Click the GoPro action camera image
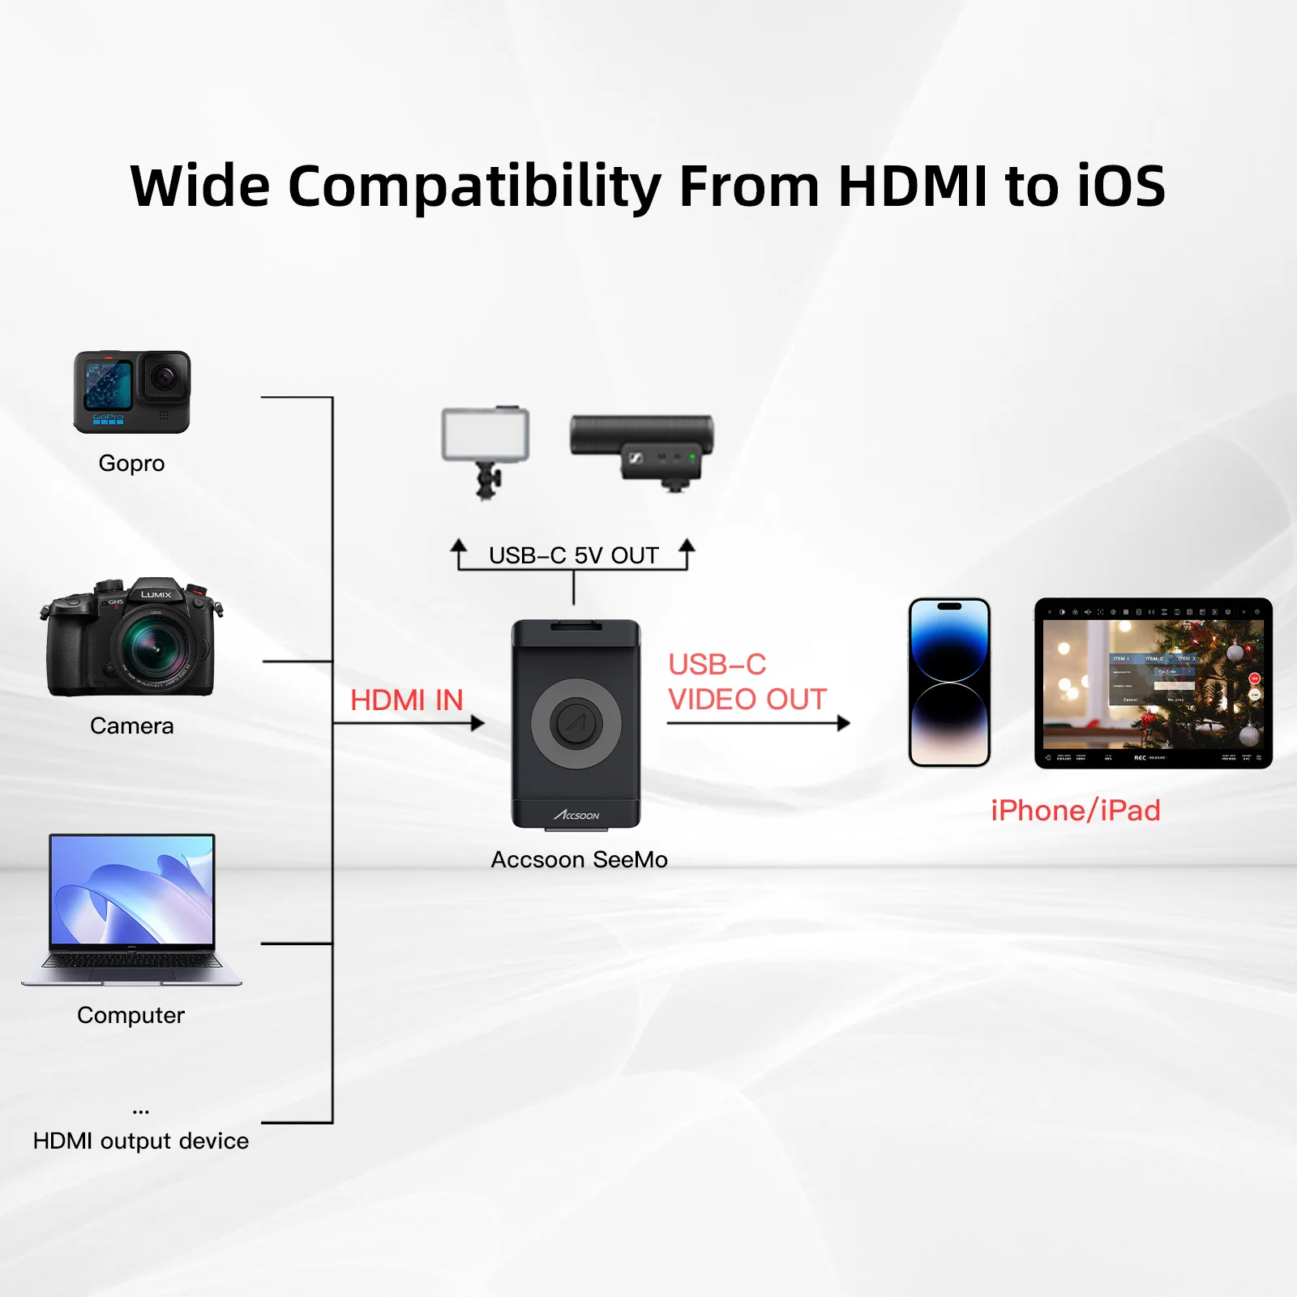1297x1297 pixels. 132,392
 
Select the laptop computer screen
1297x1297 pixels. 132,889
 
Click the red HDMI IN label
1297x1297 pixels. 406,700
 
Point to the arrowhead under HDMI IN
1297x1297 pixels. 478,723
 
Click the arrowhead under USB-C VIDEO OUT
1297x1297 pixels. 844,723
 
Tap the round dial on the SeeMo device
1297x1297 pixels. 576,723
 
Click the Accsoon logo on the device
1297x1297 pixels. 576,815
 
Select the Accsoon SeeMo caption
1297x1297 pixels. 579,859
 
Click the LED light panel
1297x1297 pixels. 486,435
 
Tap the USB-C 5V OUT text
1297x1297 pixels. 573,556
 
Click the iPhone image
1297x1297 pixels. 949,683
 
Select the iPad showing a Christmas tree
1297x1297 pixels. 1153,683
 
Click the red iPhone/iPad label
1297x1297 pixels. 1076,811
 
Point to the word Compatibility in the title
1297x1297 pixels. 474,186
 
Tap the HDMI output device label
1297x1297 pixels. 140,1141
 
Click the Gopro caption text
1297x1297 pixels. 131,463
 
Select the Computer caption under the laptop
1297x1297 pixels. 131,1015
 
